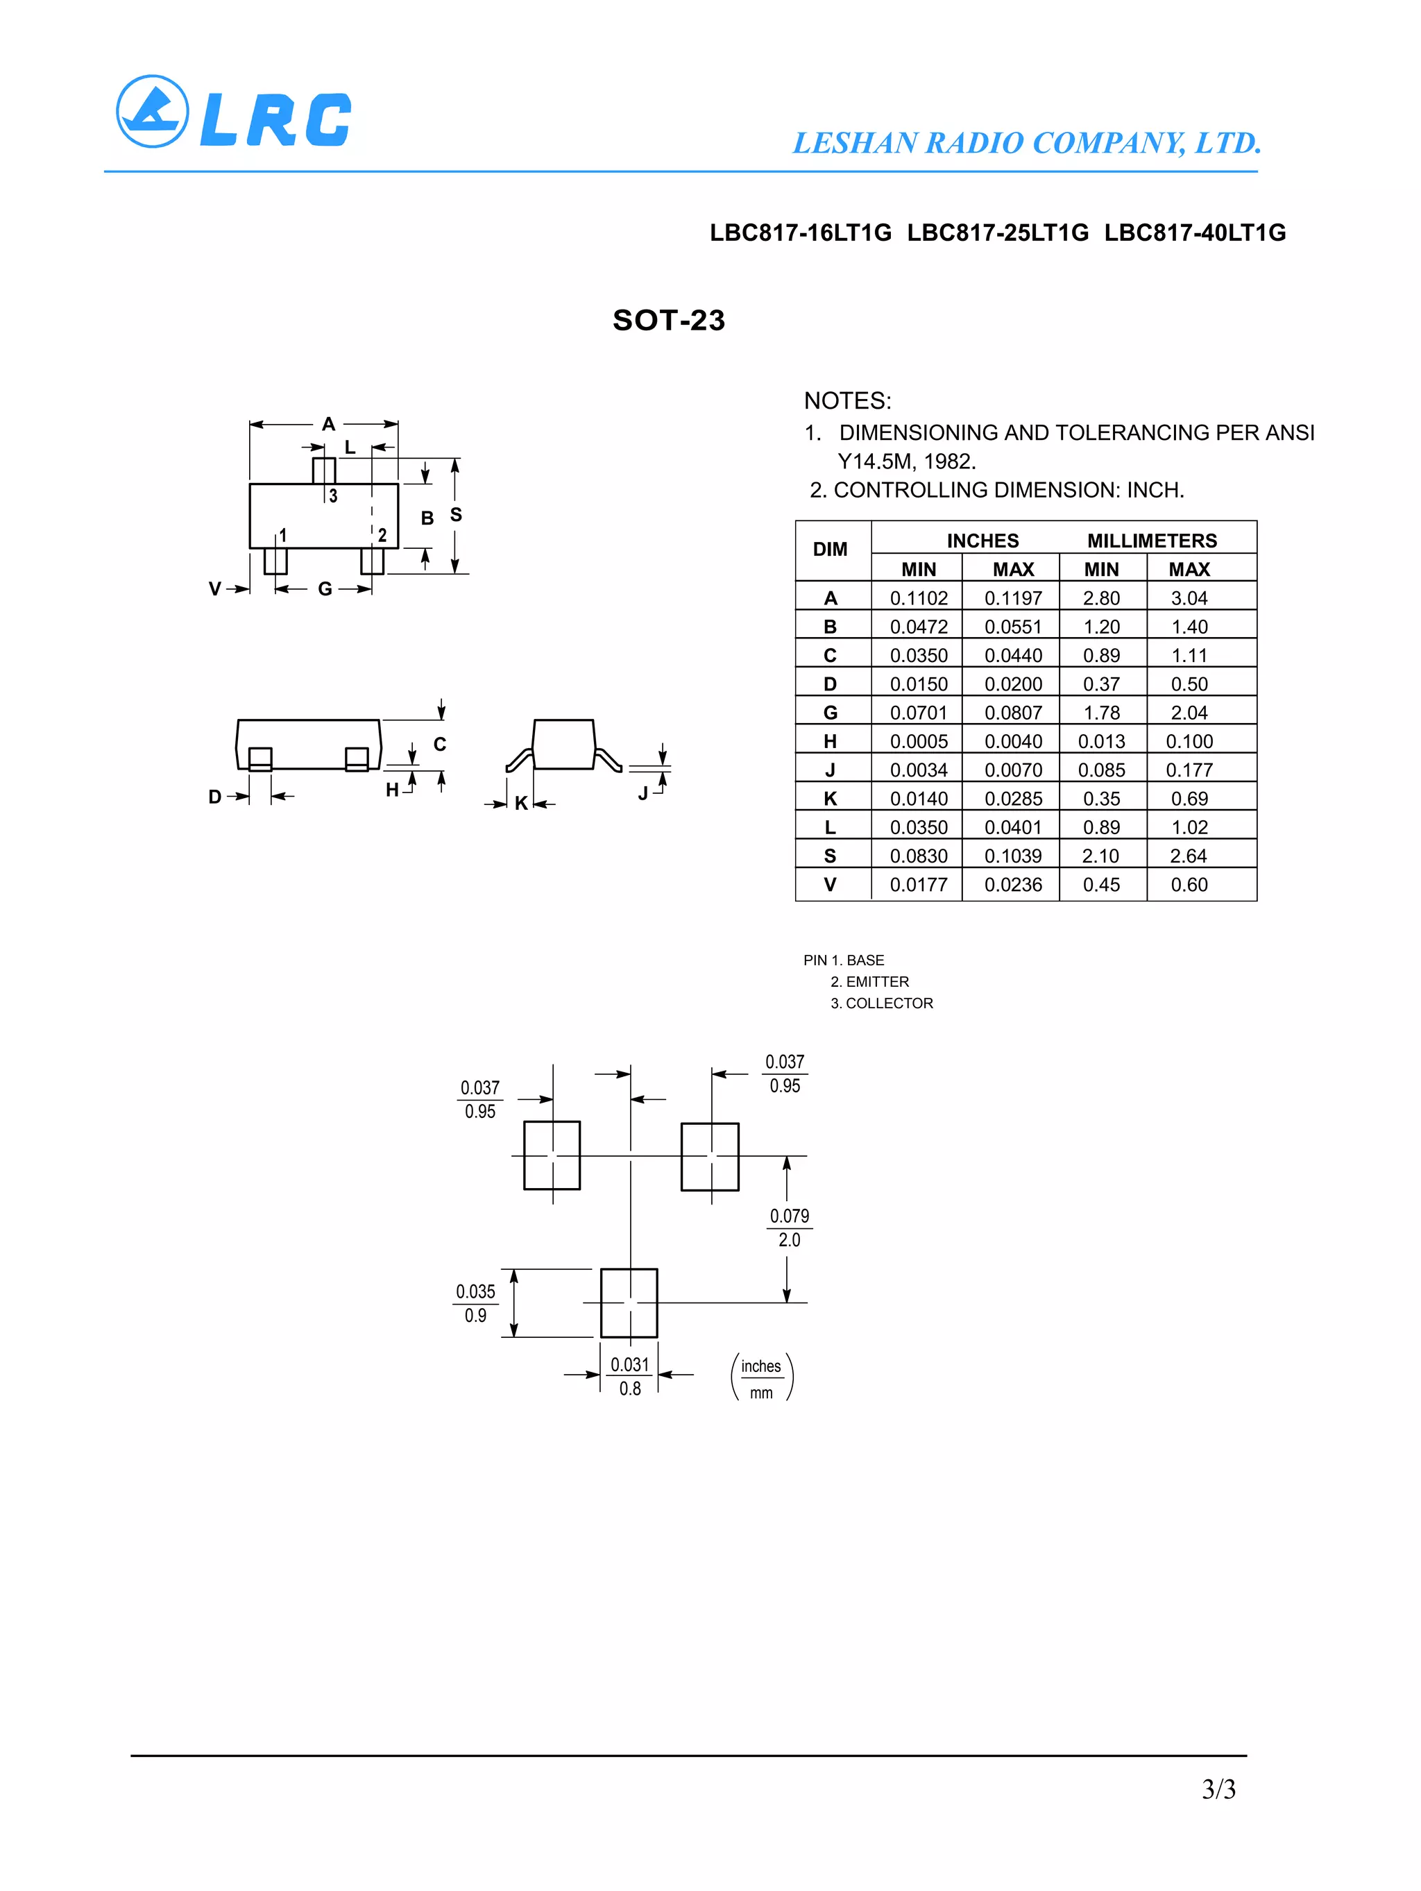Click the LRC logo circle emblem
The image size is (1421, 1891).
pyautogui.click(x=152, y=112)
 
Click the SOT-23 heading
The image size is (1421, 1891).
pyautogui.click(x=669, y=320)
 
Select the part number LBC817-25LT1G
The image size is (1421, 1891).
pyautogui.click(x=998, y=232)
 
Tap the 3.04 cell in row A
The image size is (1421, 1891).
pyautogui.click(x=1189, y=598)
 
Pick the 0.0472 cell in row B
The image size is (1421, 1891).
pyautogui.click(x=918, y=627)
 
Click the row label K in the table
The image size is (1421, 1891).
pyautogui.click(x=829, y=799)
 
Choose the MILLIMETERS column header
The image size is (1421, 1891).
pyautogui.click(x=1152, y=541)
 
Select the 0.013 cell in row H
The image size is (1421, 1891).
pyautogui.click(x=1101, y=741)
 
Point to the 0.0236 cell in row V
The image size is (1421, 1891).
pyautogui.click(x=1013, y=885)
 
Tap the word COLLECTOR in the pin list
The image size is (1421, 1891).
pyautogui.click(x=890, y=1003)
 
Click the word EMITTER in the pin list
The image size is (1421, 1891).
pyautogui.click(x=877, y=981)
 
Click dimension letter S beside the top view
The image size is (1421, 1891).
pyautogui.click(x=456, y=515)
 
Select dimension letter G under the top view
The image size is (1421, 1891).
pyautogui.click(x=325, y=589)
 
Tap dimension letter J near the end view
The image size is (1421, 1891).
pyautogui.click(x=643, y=793)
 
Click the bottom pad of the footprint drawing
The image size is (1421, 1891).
pyautogui.click(x=629, y=1303)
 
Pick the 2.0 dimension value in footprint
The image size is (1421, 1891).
pyautogui.click(x=789, y=1239)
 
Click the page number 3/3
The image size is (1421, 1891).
pyautogui.click(x=1218, y=1788)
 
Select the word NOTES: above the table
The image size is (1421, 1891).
pyautogui.click(x=847, y=401)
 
